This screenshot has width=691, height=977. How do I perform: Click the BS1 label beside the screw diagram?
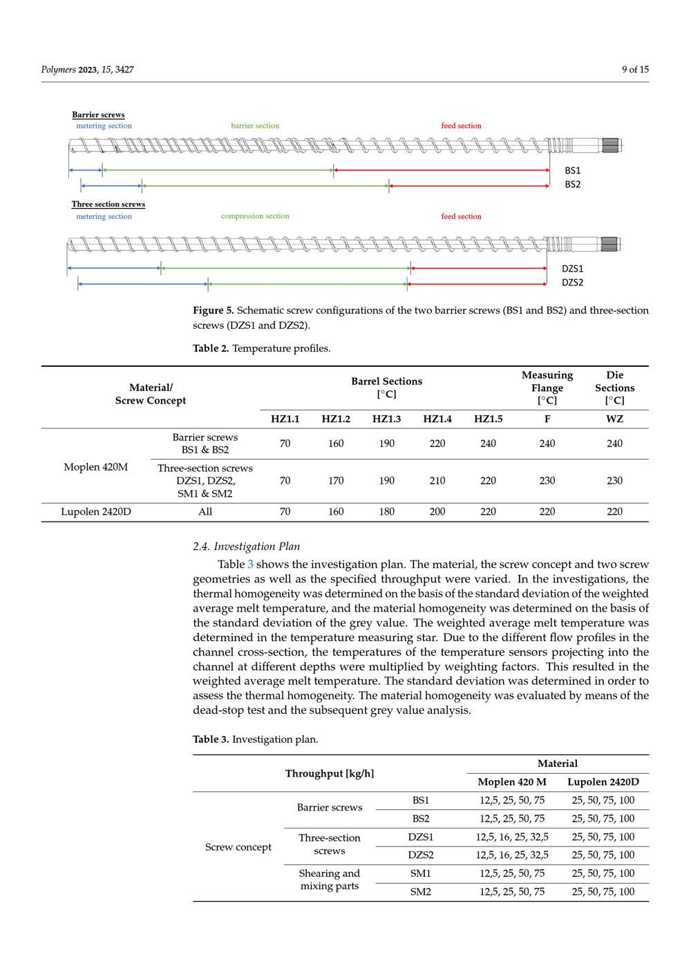coord(572,171)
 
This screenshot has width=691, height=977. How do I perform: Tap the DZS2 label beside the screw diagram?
coord(572,283)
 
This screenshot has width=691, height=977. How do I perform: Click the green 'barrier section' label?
coord(255,126)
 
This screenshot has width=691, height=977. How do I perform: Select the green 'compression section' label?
coord(255,216)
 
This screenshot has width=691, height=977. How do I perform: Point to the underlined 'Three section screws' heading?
coord(108,205)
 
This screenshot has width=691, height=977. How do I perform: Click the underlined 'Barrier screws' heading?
coord(98,115)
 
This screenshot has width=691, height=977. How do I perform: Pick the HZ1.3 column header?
coord(386,419)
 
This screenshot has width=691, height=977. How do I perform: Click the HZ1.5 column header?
coord(488,419)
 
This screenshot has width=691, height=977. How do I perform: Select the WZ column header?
coord(614,419)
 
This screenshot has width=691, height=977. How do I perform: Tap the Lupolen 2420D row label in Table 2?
coord(95,512)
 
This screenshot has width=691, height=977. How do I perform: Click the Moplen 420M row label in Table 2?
coord(95,467)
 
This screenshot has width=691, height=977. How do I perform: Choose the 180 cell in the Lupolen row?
coord(386,512)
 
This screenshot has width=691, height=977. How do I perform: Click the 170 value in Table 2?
coord(336,481)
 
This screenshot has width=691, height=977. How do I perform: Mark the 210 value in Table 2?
coord(437,481)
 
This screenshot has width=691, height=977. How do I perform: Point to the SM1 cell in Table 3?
coord(420,873)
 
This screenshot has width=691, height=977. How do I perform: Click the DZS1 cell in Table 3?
coord(420,837)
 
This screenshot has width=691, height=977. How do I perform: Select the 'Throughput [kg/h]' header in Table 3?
coord(330,774)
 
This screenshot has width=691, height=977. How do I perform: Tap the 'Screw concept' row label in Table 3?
coord(238,847)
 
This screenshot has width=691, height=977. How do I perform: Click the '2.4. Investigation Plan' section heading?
coord(246,547)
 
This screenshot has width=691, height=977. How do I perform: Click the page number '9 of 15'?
coord(635,69)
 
